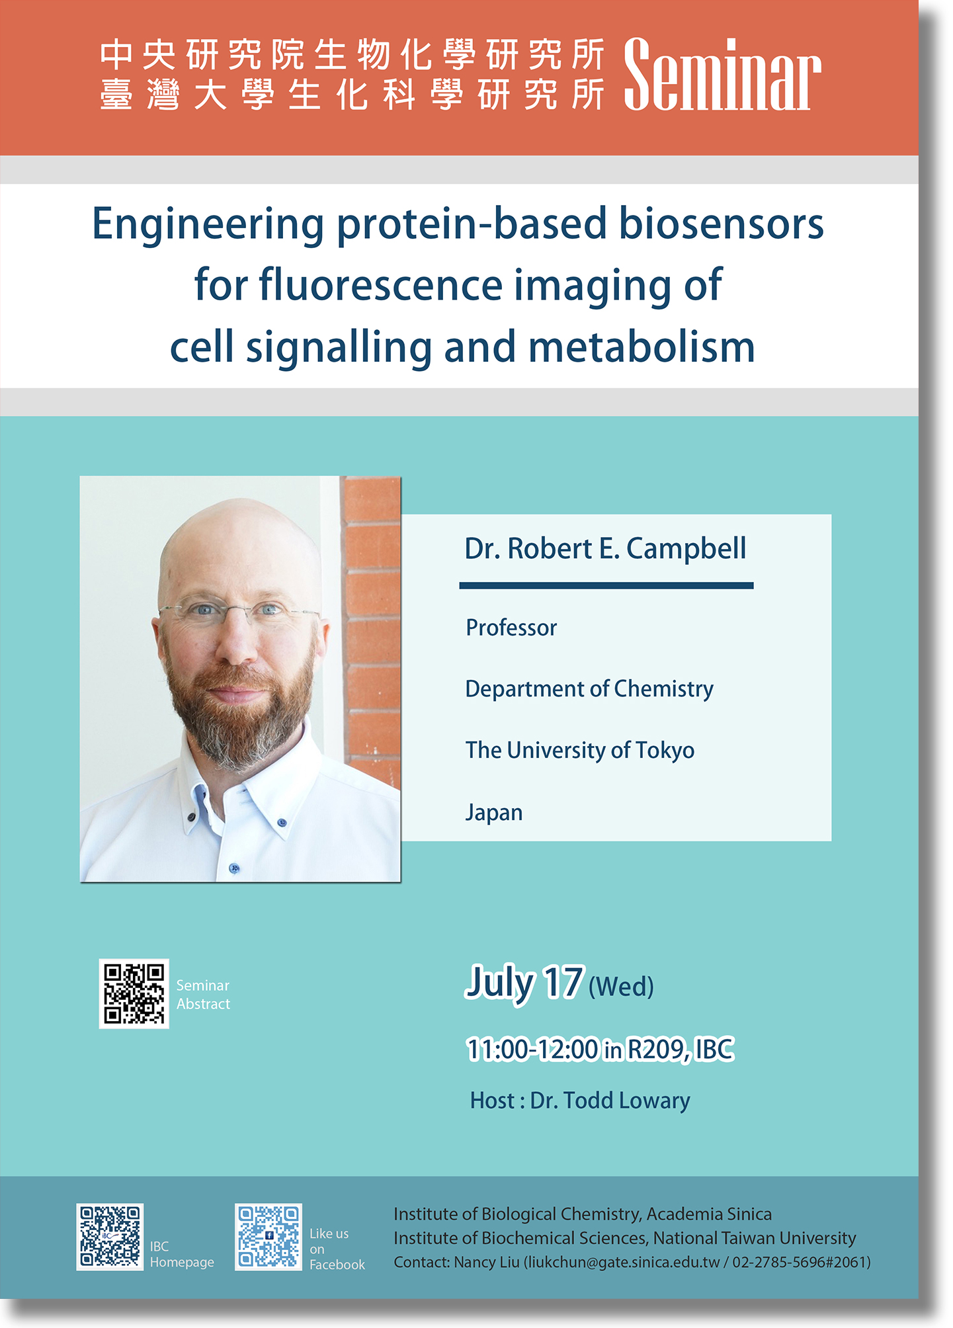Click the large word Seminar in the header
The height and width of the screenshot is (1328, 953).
click(x=722, y=74)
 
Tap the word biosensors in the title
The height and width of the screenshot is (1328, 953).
click(x=722, y=224)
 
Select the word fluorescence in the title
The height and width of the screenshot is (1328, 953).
click(x=381, y=285)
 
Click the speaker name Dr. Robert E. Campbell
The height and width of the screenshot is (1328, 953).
click(x=605, y=549)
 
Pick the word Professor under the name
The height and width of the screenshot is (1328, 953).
click(x=511, y=628)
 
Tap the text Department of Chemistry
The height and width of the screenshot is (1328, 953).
click(x=589, y=689)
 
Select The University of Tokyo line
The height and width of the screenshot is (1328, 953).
click(x=580, y=751)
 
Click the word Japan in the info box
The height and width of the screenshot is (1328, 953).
click(x=494, y=812)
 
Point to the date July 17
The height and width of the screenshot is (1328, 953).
click(x=525, y=983)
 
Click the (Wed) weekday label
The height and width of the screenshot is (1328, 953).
click(x=621, y=987)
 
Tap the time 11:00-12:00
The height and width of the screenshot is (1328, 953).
click(x=532, y=1050)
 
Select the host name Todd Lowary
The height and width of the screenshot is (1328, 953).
click(x=626, y=1100)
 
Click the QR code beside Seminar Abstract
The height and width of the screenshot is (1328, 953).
click(x=134, y=993)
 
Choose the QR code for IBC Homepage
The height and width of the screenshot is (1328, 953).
click(x=110, y=1237)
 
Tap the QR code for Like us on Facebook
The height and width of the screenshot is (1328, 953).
click(x=269, y=1237)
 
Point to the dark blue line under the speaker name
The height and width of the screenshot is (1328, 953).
click(x=606, y=585)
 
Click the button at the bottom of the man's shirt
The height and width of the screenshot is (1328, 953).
click(x=233, y=868)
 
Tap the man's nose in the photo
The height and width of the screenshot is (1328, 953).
click(x=235, y=640)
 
